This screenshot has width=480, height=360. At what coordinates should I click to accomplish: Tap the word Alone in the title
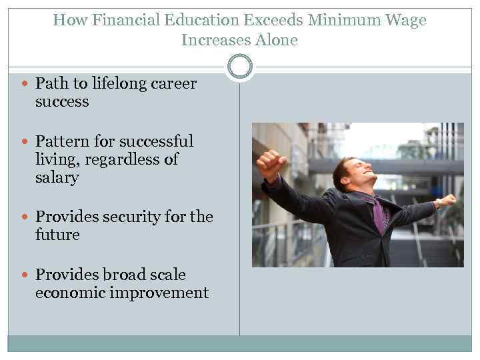coord(276,40)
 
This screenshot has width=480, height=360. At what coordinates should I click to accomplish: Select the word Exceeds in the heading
coord(247,20)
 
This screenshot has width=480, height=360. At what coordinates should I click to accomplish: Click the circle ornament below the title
coord(240,67)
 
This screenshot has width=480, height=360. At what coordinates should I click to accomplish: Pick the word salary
coord(57,178)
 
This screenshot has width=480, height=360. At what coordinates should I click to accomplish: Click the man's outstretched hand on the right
coord(447,199)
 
